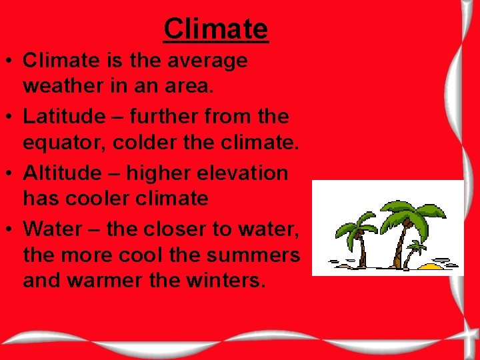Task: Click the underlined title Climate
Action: point(215,29)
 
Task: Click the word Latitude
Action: point(64,117)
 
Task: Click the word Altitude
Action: point(63,173)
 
